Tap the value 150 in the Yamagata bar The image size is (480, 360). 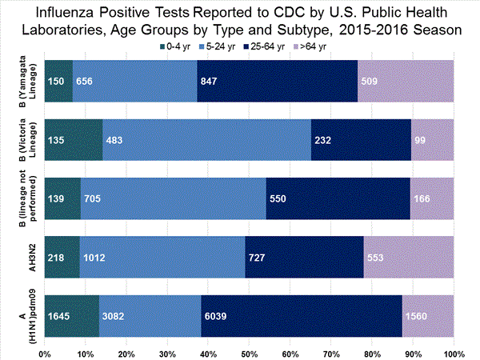(x=57, y=81)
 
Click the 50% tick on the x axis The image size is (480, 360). (x=249, y=352)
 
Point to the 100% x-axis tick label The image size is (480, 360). (x=453, y=352)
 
